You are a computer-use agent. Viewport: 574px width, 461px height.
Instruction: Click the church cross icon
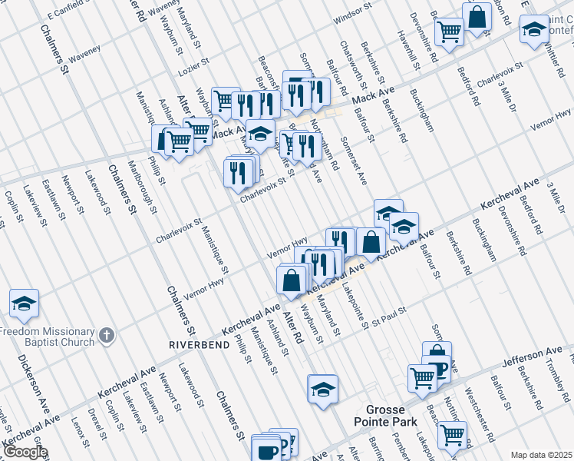[106, 335]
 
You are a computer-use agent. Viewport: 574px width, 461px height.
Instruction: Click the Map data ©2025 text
[542, 455]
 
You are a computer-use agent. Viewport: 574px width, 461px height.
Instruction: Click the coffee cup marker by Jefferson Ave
[437, 368]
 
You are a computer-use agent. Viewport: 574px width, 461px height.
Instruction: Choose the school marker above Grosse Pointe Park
[323, 387]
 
